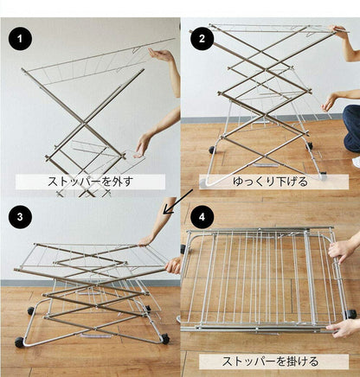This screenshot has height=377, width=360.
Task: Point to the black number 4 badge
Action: [x=202, y=218]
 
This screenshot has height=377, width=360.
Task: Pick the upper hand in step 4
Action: [x=344, y=252]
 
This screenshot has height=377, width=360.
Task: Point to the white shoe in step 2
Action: [x=356, y=162]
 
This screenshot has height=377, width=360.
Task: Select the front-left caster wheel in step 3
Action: [x=19, y=342]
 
